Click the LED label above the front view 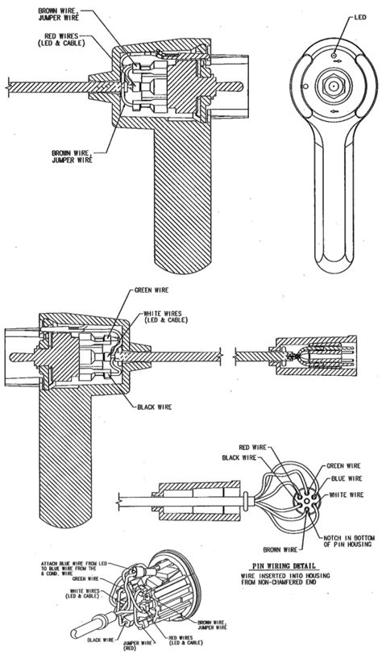[x=359, y=15]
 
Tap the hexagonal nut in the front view [x=331, y=83]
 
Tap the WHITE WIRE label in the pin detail [x=343, y=493]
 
